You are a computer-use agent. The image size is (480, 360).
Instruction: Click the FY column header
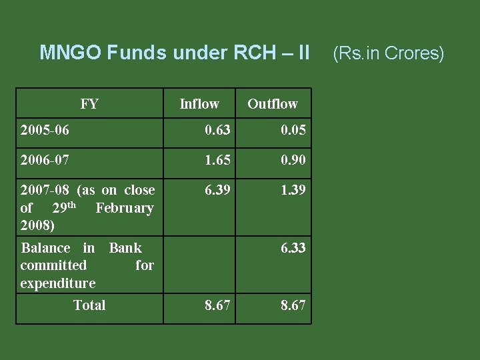pyautogui.click(x=89, y=104)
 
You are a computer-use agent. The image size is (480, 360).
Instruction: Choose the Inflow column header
pyautogui.click(x=199, y=104)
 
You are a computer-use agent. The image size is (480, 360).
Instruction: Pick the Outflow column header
pyautogui.click(x=273, y=104)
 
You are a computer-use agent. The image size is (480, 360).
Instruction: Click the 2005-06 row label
pyautogui.click(x=45, y=129)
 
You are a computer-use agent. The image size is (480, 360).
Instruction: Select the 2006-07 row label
pyautogui.click(x=45, y=160)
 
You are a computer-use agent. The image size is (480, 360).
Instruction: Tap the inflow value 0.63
pyautogui.click(x=217, y=130)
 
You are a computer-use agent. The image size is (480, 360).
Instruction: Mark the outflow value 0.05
pyautogui.click(x=293, y=130)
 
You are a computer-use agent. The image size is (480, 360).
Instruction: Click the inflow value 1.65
pyautogui.click(x=217, y=160)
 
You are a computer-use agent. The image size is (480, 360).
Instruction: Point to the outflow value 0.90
pyautogui.click(x=293, y=160)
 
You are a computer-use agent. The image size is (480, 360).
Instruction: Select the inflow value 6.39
pyautogui.click(x=217, y=191)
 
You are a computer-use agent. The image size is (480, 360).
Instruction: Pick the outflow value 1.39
pyautogui.click(x=293, y=191)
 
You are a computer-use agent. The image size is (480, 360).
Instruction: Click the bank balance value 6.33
pyautogui.click(x=293, y=248)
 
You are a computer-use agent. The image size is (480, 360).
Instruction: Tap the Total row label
pyautogui.click(x=89, y=305)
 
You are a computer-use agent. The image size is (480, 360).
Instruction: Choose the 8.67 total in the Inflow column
pyautogui.click(x=217, y=305)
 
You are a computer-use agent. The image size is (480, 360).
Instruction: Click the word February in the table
pyautogui.click(x=125, y=208)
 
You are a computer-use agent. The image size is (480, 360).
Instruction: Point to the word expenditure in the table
pyautogui.click(x=58, y=283)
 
